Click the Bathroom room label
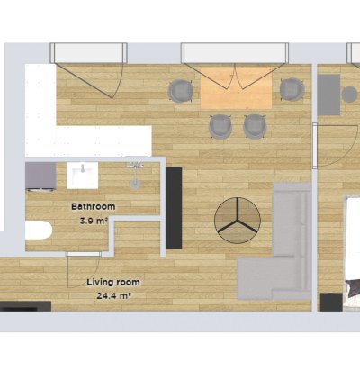click(x=94, y=206)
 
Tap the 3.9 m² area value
click(x=94, y=222)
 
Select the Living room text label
click(x=113, y=282)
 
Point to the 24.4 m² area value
click(x=114, y=296)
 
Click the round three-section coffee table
click(x=238, y=221)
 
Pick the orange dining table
click(x=236, y=87)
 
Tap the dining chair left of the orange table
click(x=180, y=91)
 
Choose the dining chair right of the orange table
click(x=292, y=89)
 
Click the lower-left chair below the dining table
click(x=220, y=126)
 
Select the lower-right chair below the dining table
click(x=255, y=126)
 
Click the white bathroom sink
click(x=83, y=176)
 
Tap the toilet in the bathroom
click(x=39, y=231)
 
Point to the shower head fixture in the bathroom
click(x=135, y=175)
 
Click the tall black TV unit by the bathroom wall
click(x=174, y=208)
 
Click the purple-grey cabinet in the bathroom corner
click(x=40, y=176)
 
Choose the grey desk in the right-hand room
click(x=328, y=95)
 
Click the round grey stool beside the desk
click(x=350, y=95)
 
